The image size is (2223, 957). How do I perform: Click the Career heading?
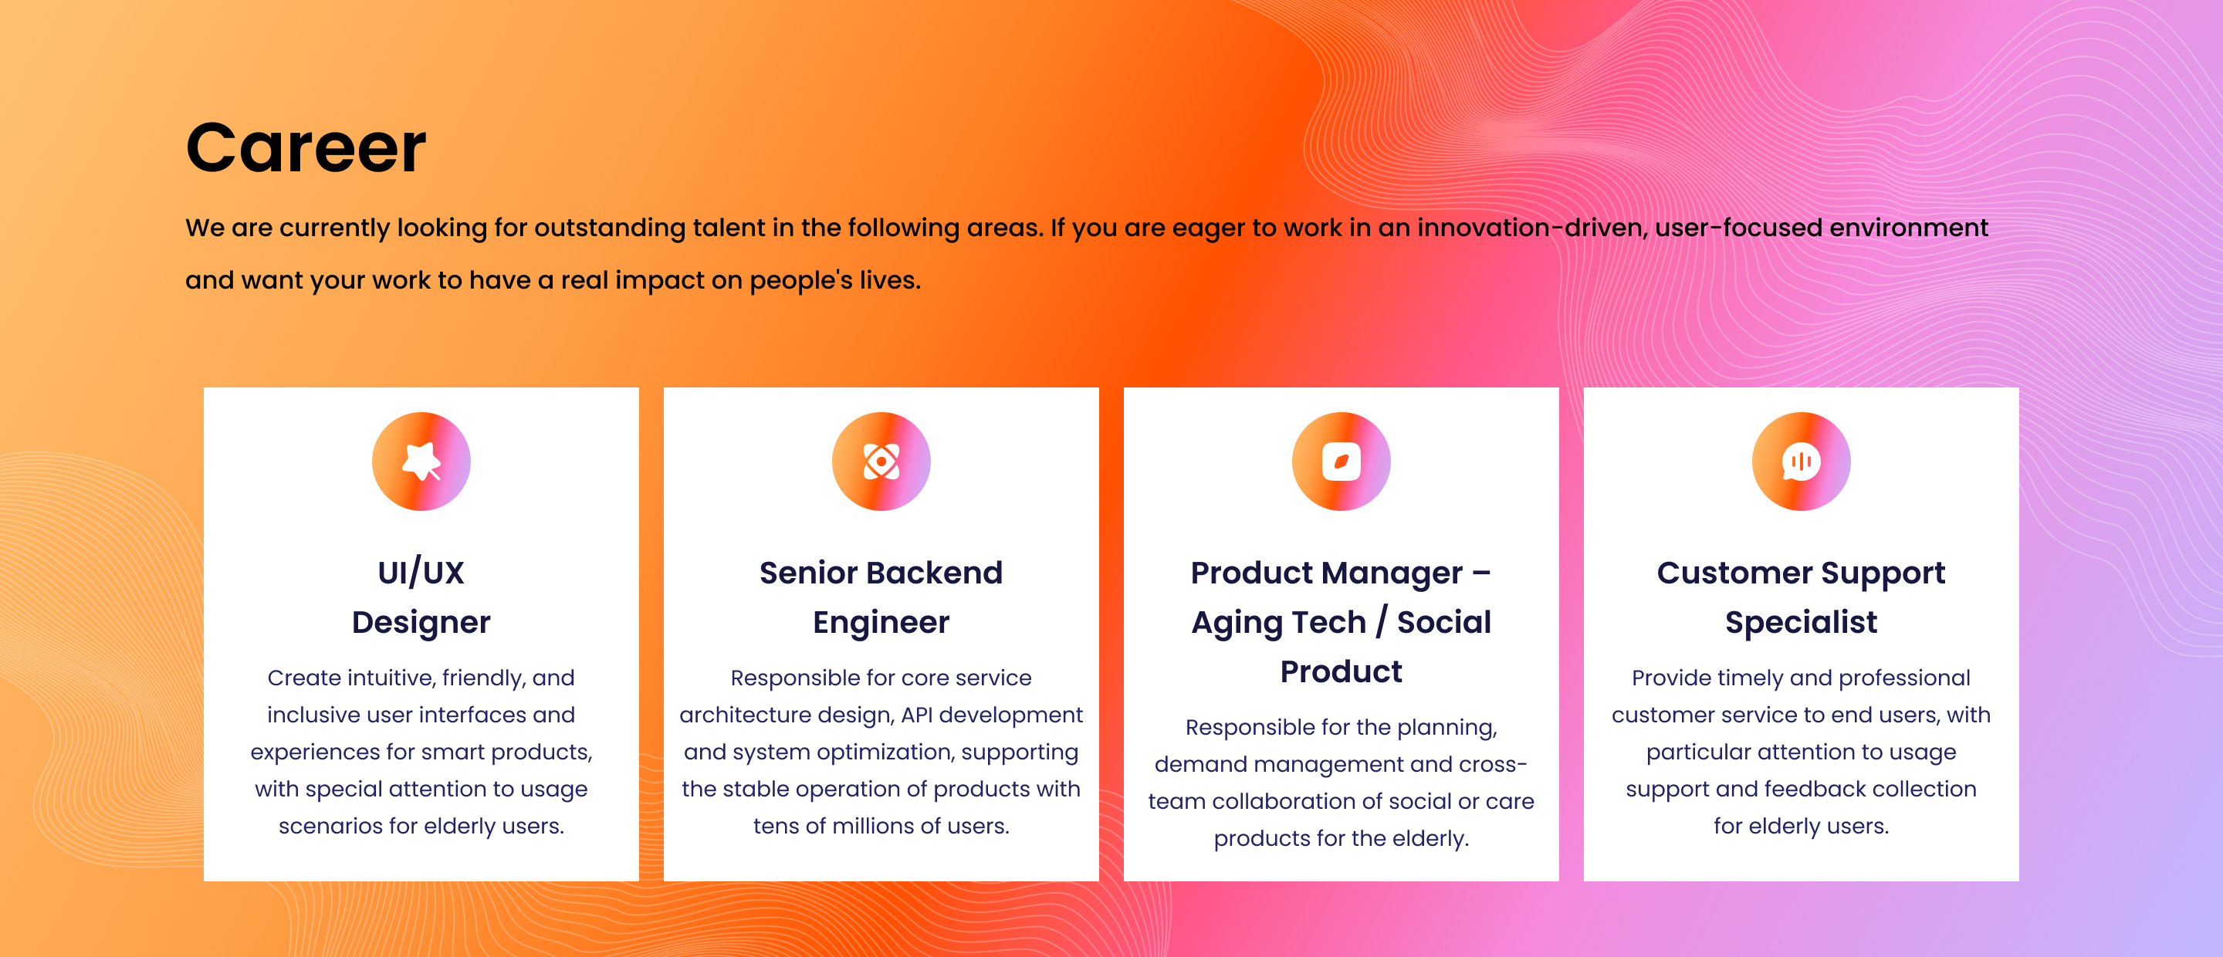coord(306,147)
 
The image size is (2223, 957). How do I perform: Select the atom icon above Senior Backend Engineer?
coord(881,461)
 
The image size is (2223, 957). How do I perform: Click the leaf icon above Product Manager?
coord(1341,461)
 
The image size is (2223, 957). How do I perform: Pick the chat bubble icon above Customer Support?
coord(1801,461)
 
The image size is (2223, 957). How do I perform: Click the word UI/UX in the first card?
coord(421,572)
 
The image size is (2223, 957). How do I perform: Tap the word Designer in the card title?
coord(421,622)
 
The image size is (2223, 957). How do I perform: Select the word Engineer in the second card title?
coord(881,622)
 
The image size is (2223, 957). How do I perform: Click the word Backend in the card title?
coord(935,572)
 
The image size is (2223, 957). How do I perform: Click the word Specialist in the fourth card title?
coord(1801,622)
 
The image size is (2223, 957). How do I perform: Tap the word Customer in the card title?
coord(1734,572)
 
